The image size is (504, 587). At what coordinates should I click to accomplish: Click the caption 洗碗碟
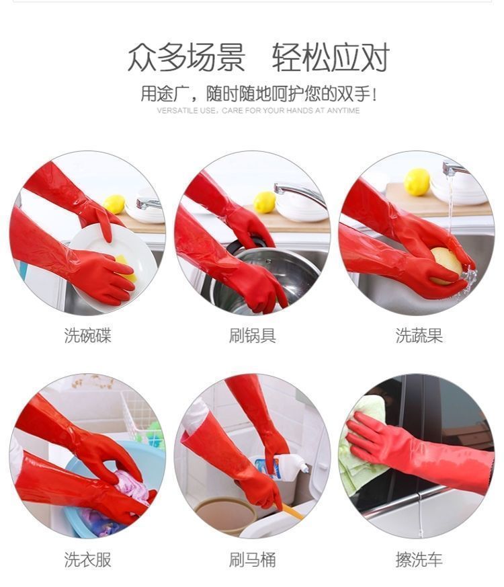point(87,336)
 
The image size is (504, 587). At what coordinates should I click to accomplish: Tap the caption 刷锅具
point(252,336)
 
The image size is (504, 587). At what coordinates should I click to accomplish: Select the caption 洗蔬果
point(419,336)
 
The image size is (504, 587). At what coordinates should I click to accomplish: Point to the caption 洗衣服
point(87,559)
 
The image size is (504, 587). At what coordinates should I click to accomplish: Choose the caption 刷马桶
point(252,559)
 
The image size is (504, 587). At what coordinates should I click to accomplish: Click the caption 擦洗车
point(419,559)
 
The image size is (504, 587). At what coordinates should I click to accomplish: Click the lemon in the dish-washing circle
point(114,204)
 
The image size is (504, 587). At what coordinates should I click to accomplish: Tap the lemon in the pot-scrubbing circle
point(265,202)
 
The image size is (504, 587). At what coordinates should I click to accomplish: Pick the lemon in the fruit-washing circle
point(417,182)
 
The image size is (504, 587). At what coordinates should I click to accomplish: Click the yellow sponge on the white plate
point(126,269)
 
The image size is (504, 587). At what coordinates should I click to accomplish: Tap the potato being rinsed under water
point(447,265)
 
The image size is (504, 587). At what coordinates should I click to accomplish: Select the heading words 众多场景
point(186,57)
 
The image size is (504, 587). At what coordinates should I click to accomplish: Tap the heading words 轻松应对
point(331,57)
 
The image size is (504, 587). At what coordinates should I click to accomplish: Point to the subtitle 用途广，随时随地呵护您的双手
point(258,93)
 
